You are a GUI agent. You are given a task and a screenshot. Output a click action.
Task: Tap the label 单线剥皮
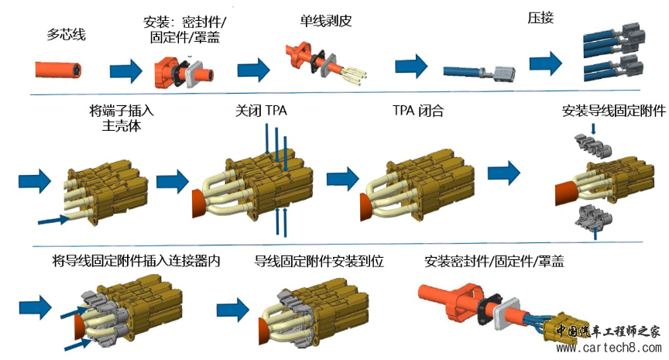[326, 22]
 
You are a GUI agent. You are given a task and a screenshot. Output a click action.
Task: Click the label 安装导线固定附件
[614, 111]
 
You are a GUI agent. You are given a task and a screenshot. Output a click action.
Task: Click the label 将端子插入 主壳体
[115, 118]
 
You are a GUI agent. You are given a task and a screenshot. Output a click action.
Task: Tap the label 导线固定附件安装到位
[318, 262]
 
